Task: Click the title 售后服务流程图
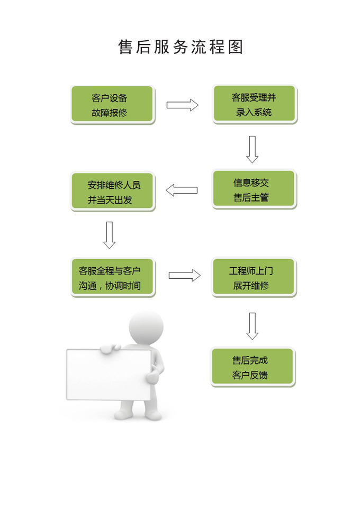tap(181, 47)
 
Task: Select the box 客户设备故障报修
tap(112, 105)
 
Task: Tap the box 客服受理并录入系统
tap(254, 105)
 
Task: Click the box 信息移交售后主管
tap(254, 189)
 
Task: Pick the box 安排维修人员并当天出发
tap(113, 192)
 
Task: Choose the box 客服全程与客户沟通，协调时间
tap(113, 278)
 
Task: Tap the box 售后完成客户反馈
tap(253, 367)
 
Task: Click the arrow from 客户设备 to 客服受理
tap(182, 105)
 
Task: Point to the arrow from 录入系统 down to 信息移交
tap(253, 149)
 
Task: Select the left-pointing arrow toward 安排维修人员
tap(182, 190)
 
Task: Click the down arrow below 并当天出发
tap(110, 235)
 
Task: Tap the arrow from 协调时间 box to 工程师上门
tap(184, 275)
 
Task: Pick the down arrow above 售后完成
tap(253, 326)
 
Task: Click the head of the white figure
tap(146, 327)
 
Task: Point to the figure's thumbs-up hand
tap(152, 376)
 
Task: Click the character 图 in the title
tap(236, 47)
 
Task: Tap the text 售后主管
tap(251, 198)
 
